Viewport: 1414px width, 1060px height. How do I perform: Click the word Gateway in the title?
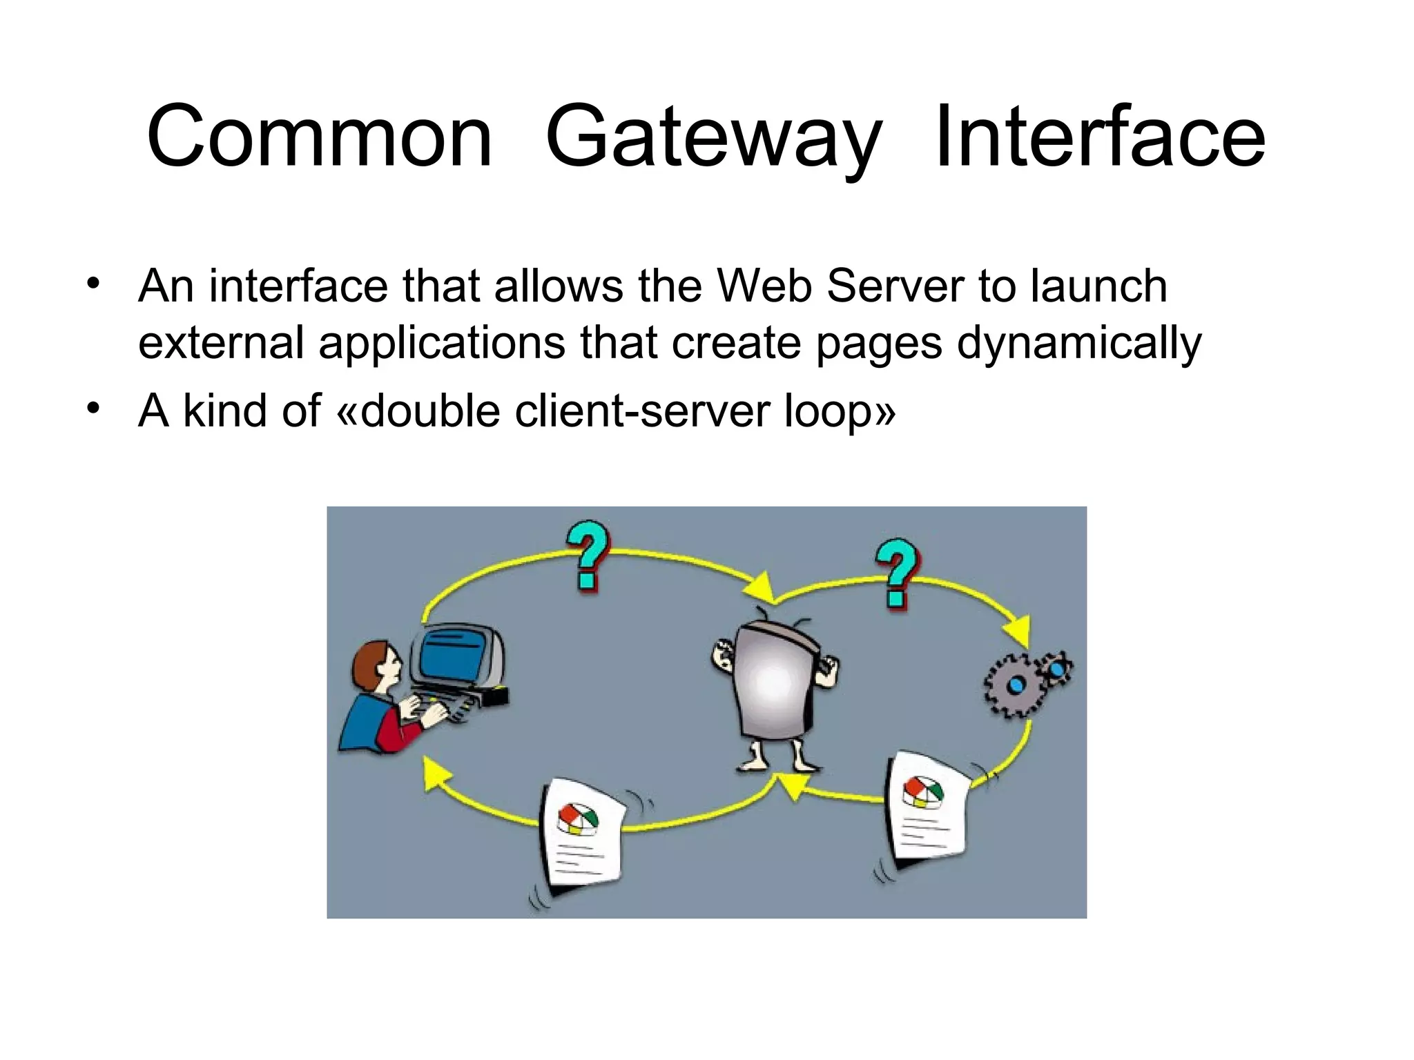(x=713, y=138)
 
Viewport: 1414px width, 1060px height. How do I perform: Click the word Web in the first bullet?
(x=764, y=286)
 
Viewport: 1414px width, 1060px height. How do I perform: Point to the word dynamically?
(x=1078, y=343)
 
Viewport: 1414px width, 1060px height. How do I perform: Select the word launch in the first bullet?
(x=1098, y=286)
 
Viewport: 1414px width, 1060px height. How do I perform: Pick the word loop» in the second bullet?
(x=840, y=412)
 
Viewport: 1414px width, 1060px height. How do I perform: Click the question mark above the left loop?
(x=588, y=556)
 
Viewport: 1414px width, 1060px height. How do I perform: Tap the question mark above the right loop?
(x=897, y=573)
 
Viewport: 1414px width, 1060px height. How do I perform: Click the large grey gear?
(x=1014, y=686)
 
